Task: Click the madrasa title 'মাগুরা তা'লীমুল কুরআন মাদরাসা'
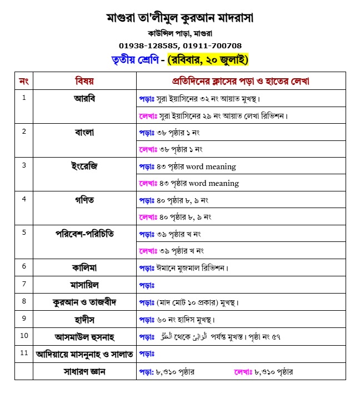coord(179,18)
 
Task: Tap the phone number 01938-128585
coord(147,45)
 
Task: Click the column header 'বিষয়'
coord(84,81)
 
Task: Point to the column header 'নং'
coord(24,81)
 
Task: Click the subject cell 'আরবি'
coord(84,98)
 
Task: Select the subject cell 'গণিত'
coord(84,199)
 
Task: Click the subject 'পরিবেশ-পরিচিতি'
coord(84,233)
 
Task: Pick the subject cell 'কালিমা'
coord(84,267)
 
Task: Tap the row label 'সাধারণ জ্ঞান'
coord(84,372)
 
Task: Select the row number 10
coord(24,336)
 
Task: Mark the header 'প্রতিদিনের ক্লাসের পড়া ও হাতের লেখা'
coord(241,81)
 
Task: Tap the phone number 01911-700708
coord(212,45)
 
